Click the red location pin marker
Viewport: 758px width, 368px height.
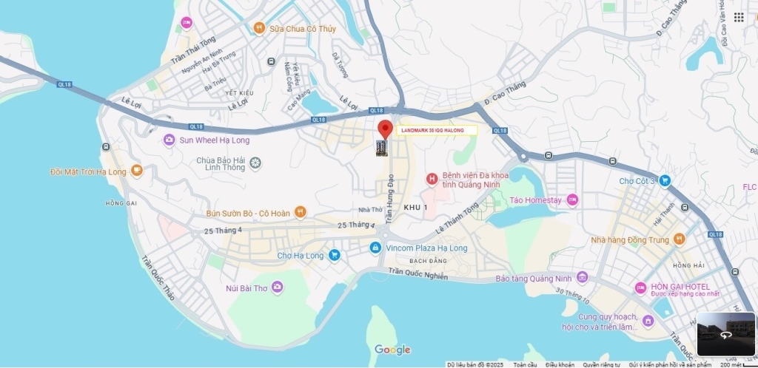(x=384, y=129)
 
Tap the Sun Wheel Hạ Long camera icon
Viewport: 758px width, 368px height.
(x=170, y=140)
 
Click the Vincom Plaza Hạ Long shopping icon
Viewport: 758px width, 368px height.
(x=375, y=248)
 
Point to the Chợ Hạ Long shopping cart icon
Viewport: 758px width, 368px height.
(x=335, y=256)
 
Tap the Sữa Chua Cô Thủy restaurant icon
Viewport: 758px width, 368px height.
(x=258, y=28)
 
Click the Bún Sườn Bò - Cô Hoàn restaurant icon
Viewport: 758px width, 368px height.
(x=300, y=213)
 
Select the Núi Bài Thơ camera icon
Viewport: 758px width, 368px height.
(x=277, y=287)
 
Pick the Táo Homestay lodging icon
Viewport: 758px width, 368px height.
(x=571, y=200)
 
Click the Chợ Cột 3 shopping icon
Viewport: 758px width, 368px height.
(x=665, y=180)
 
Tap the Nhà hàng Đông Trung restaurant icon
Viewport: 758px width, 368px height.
(x=680, y=239)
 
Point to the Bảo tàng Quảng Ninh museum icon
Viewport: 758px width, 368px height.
(x=582, y=278)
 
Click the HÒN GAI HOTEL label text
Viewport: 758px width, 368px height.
(x=680, y=287)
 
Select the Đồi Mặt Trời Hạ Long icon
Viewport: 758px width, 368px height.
(x=136, y=171)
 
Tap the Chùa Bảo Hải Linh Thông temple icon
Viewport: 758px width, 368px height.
(x=255, y=163)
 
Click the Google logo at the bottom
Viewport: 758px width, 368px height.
(x=392, y=350)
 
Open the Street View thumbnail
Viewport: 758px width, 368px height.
(x=725, y=334)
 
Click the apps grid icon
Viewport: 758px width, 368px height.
(x=739, y=17)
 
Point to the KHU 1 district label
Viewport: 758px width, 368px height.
(x=415, y=208)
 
